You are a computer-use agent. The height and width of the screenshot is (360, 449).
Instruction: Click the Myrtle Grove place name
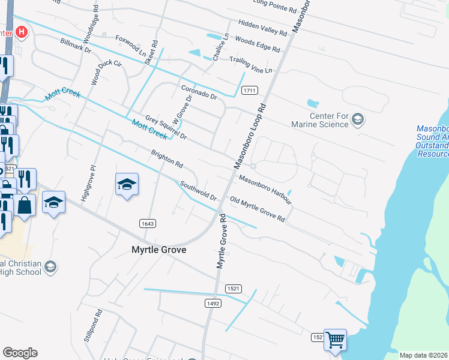(158, 250)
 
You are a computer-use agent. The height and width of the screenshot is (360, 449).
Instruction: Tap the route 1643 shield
(148, 224)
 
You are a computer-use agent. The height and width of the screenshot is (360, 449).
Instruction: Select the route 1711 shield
(250, 91)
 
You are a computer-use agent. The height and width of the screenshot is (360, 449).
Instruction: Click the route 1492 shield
(212, 304)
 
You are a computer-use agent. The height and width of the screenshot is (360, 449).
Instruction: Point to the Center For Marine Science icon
(358, 119)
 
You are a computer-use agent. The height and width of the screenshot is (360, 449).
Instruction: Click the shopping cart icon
(335, 340)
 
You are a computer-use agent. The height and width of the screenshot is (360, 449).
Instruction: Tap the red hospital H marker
(22, 31)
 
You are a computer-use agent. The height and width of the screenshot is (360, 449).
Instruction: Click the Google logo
(20, 353)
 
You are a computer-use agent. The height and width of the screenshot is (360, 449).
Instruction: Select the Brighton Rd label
(167, 158)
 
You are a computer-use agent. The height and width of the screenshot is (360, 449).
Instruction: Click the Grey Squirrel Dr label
(166, 127)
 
